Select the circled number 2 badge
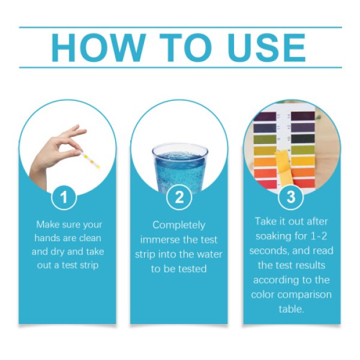[179, 197]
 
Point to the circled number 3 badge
[291, 197]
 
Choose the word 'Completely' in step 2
[179, 225]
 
